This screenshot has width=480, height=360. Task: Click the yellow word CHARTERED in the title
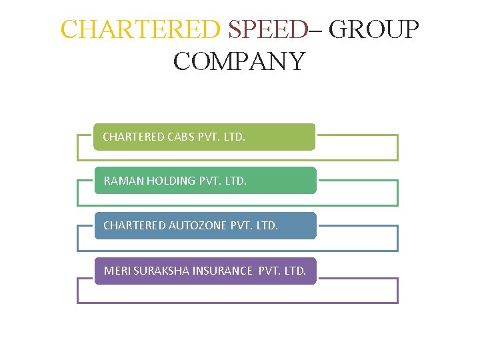coord(140,29)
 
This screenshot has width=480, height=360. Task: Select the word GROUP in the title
coord(374,29)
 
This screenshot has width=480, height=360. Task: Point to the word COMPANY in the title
coord(239,61)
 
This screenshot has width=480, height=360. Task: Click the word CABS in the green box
coord(181,137)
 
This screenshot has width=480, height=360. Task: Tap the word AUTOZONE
coord(198,225)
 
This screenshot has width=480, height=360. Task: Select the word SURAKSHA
coord(161,271)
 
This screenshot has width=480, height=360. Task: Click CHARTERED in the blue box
coord(135,225)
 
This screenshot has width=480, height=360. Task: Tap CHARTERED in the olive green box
coord(133,137)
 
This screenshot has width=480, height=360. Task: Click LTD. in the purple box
coord(294,271)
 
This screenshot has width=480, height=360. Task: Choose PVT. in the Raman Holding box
coord(210,181)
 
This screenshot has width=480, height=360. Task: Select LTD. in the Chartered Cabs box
coord(234,137)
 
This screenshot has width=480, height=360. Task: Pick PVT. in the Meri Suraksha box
coord(269,271)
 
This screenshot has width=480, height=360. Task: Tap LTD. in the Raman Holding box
coord(235,181)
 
